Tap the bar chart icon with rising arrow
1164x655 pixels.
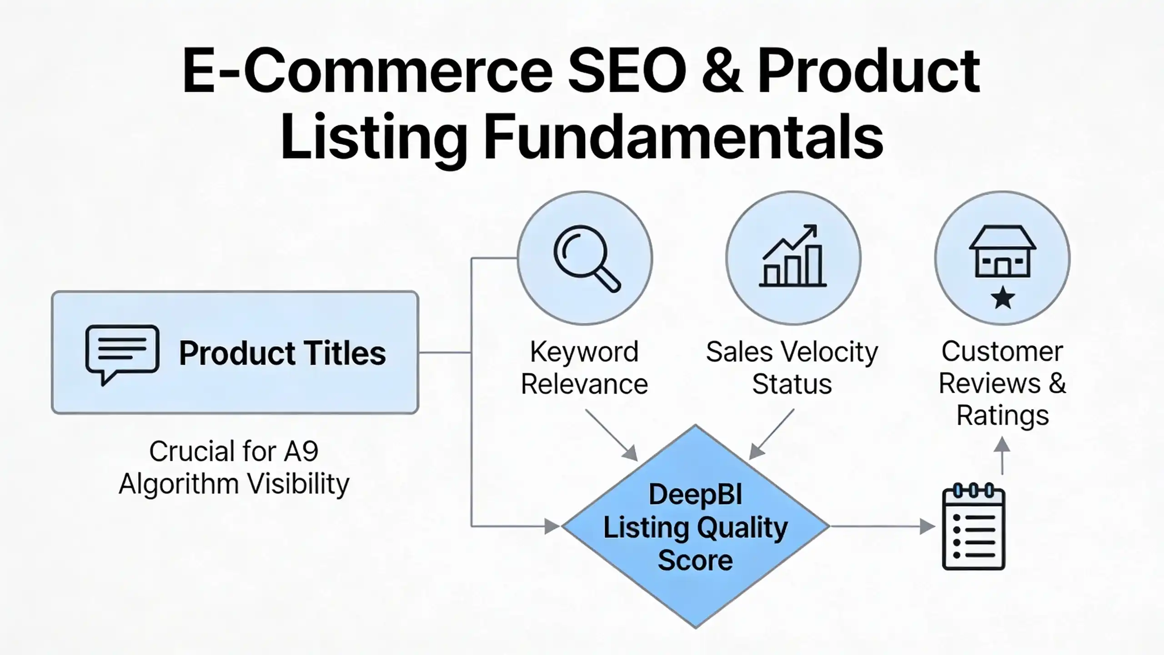click(x=793, y=256)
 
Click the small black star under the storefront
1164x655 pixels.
click(x=1003, y=298)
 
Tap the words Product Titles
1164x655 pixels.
click(x=282, y=353)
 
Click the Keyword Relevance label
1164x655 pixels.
click(x=584, y=368)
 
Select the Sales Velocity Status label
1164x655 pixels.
click(x=792, y=368)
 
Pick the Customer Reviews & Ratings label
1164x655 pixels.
click(x=1003, y=383)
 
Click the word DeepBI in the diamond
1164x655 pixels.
click(x=695, y=494)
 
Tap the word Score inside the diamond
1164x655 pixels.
click(x=695, y=560)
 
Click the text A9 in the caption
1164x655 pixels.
click(x=301, y=451)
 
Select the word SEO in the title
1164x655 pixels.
click(x=628, y=72)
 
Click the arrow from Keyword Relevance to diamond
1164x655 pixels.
click(x=611, y=435)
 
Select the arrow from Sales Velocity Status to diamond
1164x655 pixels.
click(x=772, y=434)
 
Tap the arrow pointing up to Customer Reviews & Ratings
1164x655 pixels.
click(x=1003, y=456)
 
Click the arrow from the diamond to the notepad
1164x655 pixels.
click(x=883, y=527)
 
